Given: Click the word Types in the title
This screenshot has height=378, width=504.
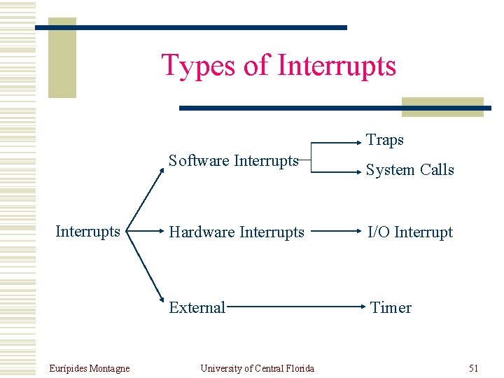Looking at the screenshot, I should pyautogui.click(x=199, y=66).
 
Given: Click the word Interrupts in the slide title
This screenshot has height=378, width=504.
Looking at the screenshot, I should pyautogui.click(x=337, y=66).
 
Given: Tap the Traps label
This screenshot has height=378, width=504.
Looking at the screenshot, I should pyautogui.click(x=385, y=140).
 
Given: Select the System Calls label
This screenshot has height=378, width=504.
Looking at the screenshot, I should pyautogui.click(x=411, y=170).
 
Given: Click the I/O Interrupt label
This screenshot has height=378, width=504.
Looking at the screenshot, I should pyautogui.click(x=411, y=232).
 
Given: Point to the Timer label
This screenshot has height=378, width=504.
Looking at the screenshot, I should pyautogui.click(x=391, y=307).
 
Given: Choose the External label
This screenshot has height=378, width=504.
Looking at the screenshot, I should pyautogui.click(x=197, y=307).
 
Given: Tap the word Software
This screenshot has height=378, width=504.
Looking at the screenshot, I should pyautogui.click(x=199, y=160).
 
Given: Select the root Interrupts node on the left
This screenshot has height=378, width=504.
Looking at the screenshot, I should pyautogui.click(x=87, y=232).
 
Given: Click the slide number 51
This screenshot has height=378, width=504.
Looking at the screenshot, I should pyautogui.click(x=473, y=368).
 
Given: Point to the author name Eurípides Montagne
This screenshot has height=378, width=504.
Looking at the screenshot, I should pyautogui.click(x=90, y=368).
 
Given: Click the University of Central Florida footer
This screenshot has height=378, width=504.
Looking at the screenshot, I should pyautogui.click(x=257, y=368).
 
